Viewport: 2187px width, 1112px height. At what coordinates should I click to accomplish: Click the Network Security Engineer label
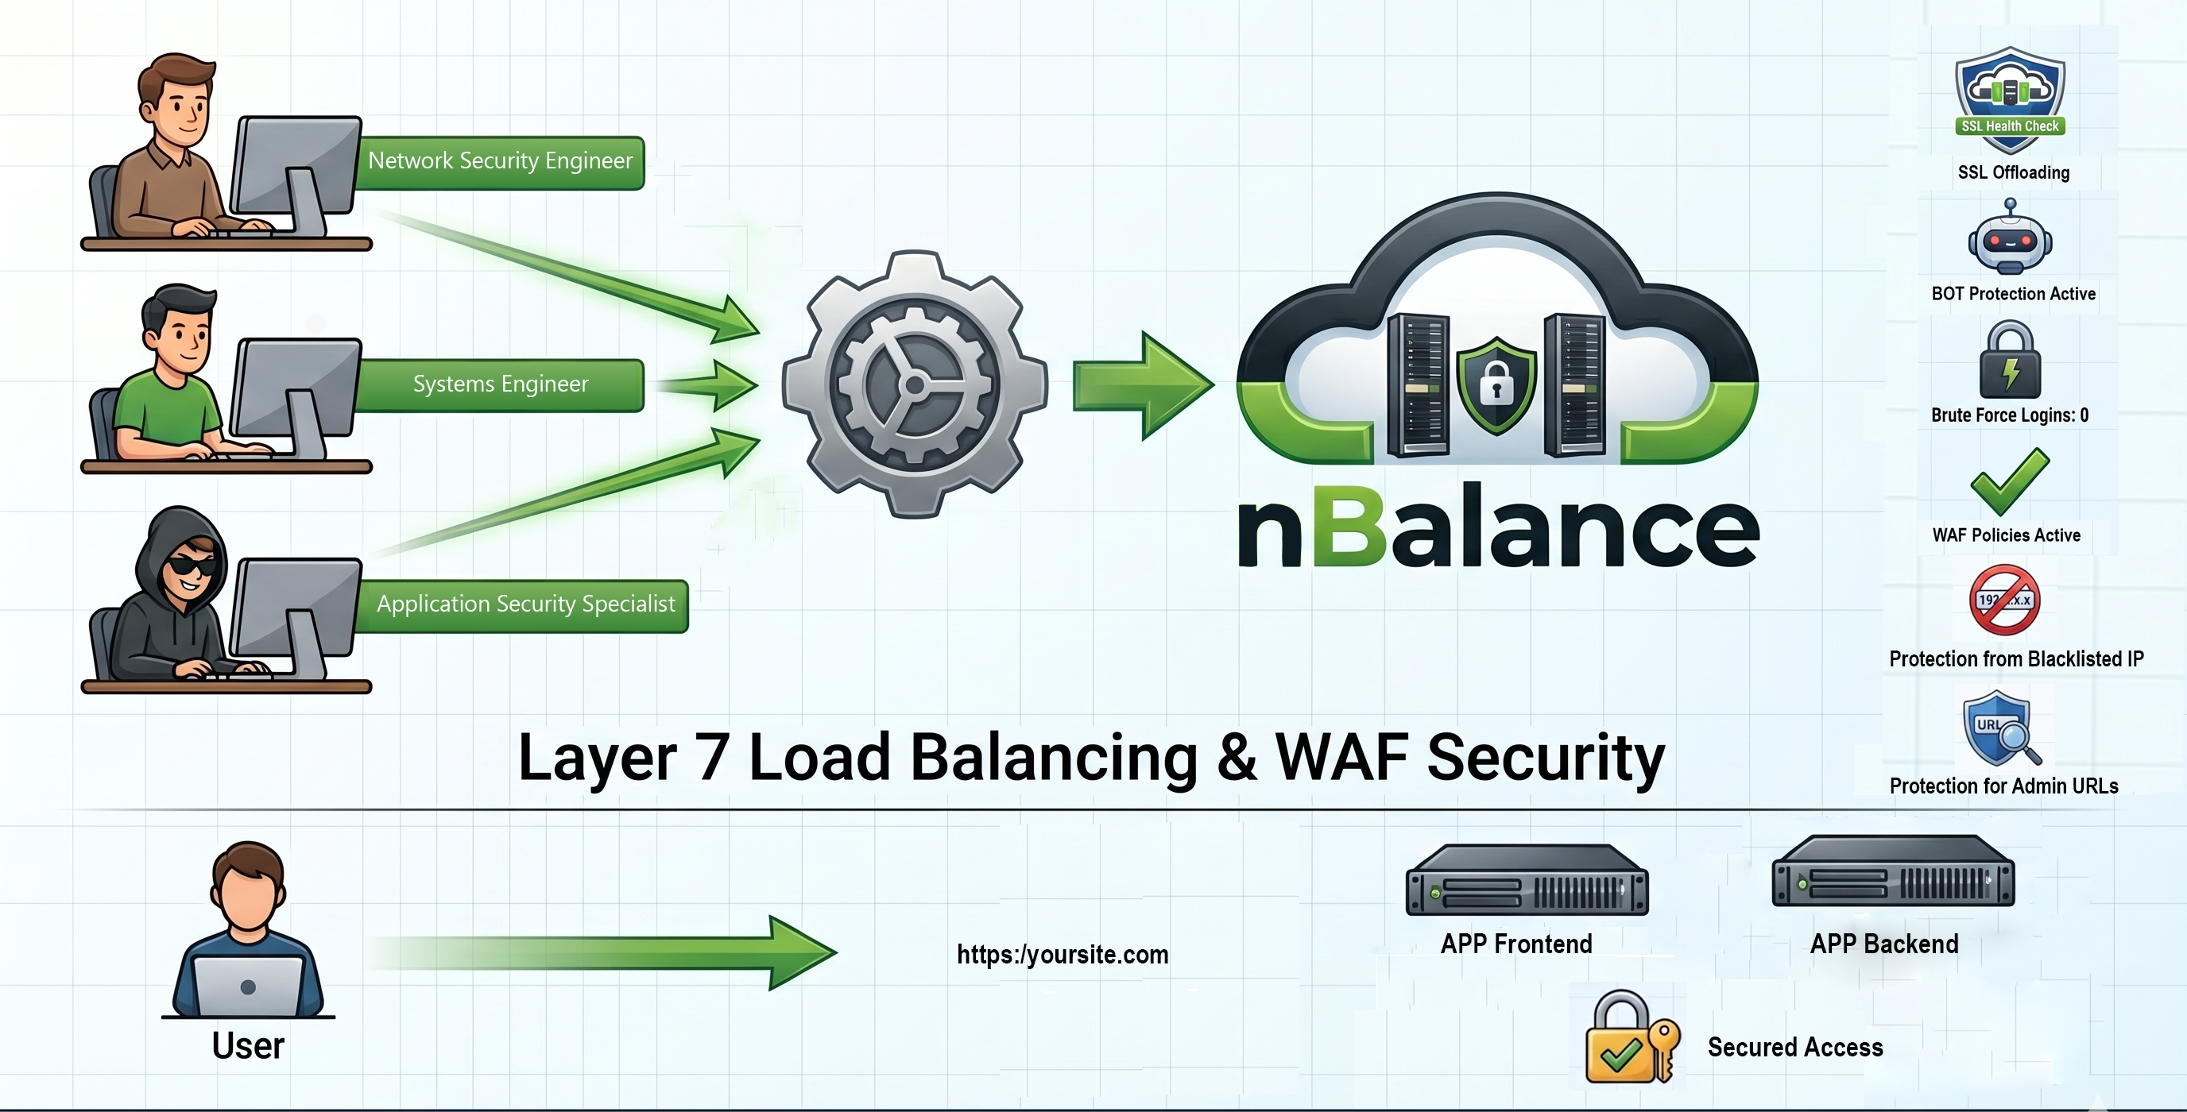click(500, 160)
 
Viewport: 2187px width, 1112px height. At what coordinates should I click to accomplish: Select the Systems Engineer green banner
click(500, 384)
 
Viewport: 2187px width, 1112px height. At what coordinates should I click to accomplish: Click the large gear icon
click(915, 384)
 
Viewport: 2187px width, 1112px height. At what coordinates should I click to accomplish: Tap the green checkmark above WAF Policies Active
click(2009, 481)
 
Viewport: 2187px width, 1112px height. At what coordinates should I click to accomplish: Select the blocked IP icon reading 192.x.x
click(2004, 600)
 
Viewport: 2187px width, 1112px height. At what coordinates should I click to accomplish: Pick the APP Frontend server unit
click(1527, 879)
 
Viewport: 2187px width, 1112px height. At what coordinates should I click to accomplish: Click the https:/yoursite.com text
click(1062, 954)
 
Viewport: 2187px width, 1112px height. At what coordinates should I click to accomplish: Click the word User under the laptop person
click(248, 1046)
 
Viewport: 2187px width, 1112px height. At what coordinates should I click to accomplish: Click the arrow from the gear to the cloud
click(1143, 385)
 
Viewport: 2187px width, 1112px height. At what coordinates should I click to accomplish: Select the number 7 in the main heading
click(711, 757)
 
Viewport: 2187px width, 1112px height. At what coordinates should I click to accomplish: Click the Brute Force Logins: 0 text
click(2010, 415)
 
